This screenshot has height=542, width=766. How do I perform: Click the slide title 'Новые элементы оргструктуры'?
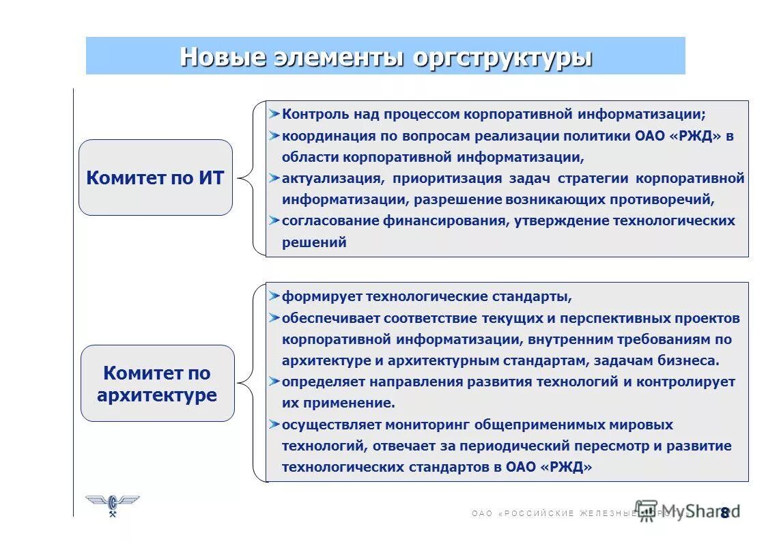tap(385, 57)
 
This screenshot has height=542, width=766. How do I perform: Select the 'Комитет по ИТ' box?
tap(156, 178)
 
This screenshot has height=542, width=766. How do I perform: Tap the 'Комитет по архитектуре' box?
tap(157, 384)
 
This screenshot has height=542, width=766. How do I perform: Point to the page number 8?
tap(724, 513)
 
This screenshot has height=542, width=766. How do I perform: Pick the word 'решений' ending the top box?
tap(314, 242)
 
